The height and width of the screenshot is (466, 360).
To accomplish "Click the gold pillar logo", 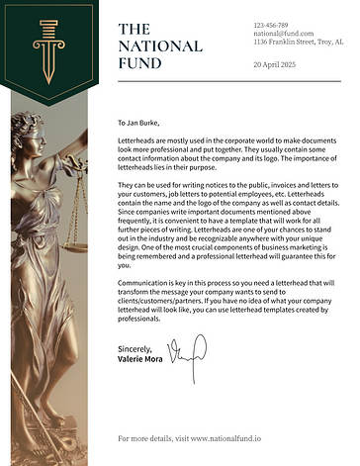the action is tap(45, 50).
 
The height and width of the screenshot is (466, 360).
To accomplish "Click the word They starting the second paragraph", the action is tap(126, 185).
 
